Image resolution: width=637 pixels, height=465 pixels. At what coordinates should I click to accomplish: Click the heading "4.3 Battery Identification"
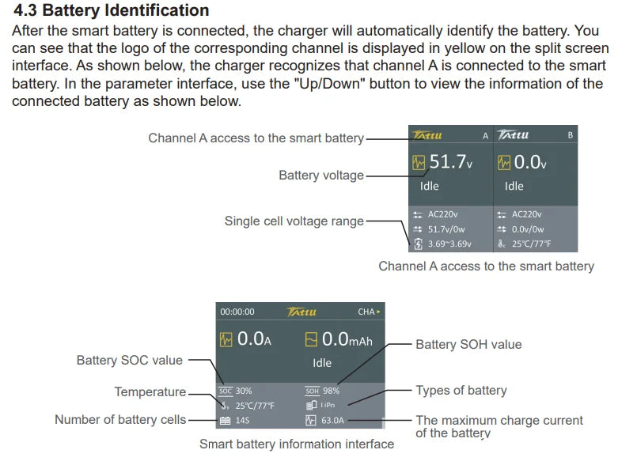coord(112,10)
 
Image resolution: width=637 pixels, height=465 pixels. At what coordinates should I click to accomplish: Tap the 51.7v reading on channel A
coord(450,161)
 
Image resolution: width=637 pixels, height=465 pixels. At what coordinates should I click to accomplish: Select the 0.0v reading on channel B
coord(529,162)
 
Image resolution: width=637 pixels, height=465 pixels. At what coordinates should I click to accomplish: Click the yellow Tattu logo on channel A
coord(427,135)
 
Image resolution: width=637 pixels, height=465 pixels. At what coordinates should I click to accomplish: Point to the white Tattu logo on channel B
coord(513,134)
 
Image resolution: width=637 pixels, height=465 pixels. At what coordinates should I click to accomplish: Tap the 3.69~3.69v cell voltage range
coord(449,244)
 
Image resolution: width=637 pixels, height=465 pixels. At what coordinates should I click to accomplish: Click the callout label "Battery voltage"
coord(321,176)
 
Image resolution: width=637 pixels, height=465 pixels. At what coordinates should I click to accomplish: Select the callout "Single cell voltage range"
coord(294,221)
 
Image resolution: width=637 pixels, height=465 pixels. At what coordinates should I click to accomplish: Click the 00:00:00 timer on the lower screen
coord(237,312)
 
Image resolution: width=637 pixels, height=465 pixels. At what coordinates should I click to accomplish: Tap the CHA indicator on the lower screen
coord(369,312)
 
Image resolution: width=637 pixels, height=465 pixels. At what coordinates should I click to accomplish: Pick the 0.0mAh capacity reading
coord(347,339)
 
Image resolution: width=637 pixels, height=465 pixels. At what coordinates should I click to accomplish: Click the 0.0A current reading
coord(254,339)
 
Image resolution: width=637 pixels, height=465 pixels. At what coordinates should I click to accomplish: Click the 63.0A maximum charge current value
coord(332,421)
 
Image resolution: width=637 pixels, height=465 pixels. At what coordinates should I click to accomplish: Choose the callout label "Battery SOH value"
coord(468,344)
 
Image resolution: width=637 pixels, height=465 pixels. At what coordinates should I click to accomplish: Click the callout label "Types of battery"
coord(461,391)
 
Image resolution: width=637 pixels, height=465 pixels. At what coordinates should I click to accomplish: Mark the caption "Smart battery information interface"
coord(297,444)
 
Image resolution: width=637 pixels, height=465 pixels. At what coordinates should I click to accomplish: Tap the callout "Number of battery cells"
coord(120,419)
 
